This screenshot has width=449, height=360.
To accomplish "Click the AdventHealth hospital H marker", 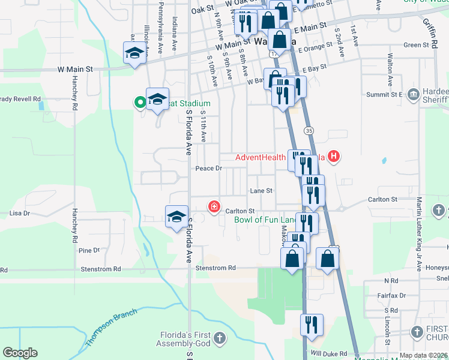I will [x=334, y=157].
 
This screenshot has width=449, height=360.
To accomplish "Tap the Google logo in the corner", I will [x=20, y=353].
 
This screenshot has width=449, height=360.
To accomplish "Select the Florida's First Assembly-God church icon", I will [x=220, y=338].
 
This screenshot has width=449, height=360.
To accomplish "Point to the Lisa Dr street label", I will [x=20, y=213].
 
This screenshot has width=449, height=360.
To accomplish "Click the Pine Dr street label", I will [x=89, y=250].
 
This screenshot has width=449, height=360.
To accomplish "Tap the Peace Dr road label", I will [x=209, y=169].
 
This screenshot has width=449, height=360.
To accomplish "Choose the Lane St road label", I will [x=261, y=191].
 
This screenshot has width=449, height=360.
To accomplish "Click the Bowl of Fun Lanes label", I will [x=264, y=220].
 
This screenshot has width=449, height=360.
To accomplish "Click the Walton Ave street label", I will [x=390, y=67].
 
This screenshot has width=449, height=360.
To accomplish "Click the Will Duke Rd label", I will [x=325, y=354].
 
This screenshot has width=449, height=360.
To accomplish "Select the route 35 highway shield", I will [x=309, y=130].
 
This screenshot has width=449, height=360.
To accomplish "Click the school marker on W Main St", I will [x=135, y=53].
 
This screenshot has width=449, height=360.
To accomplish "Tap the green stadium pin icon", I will [x=140, y=103].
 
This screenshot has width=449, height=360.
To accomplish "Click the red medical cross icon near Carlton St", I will [x=213, y=207].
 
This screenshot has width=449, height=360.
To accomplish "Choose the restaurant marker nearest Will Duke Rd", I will [x=312, y=325].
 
